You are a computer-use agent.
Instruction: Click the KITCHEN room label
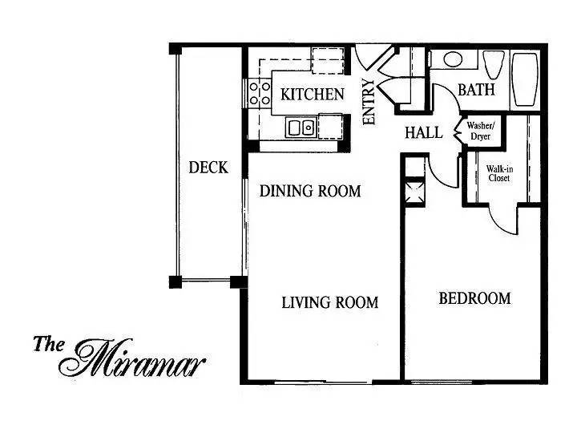[313, 94]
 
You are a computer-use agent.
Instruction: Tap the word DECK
[208, 168]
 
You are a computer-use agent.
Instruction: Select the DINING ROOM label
[310, 192]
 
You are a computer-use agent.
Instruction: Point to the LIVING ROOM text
[329, 302]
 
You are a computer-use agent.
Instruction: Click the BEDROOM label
[474, 298]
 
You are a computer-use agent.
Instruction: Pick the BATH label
[476, 90]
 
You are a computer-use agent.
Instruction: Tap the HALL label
[423, 133]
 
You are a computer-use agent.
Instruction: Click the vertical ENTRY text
[369, 103]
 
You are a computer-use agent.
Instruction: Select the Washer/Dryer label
[481, 130]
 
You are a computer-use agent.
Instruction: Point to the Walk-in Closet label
[500, 173]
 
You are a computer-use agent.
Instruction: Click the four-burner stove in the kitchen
[259, 94]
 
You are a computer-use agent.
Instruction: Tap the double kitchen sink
[301, 127]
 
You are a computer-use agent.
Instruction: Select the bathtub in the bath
[526, 79]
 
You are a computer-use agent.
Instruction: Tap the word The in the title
[50, 345]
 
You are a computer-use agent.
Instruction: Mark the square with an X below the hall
[414, 192]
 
